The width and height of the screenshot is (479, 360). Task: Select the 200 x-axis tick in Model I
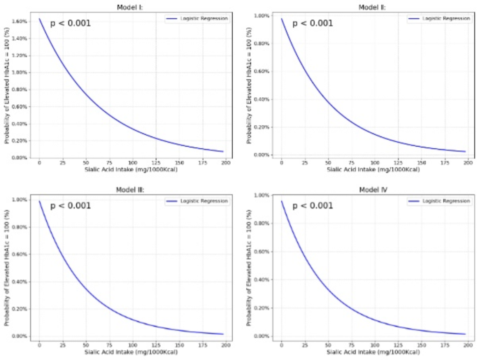(226, 162)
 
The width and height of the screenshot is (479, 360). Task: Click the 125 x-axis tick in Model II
(399, 162)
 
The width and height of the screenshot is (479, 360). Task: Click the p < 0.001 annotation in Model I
(70, 23)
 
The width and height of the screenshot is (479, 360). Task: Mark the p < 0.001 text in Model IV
(313, 206)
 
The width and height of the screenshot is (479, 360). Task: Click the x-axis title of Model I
(131, 170)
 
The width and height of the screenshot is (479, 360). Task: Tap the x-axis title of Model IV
(373, 352)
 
